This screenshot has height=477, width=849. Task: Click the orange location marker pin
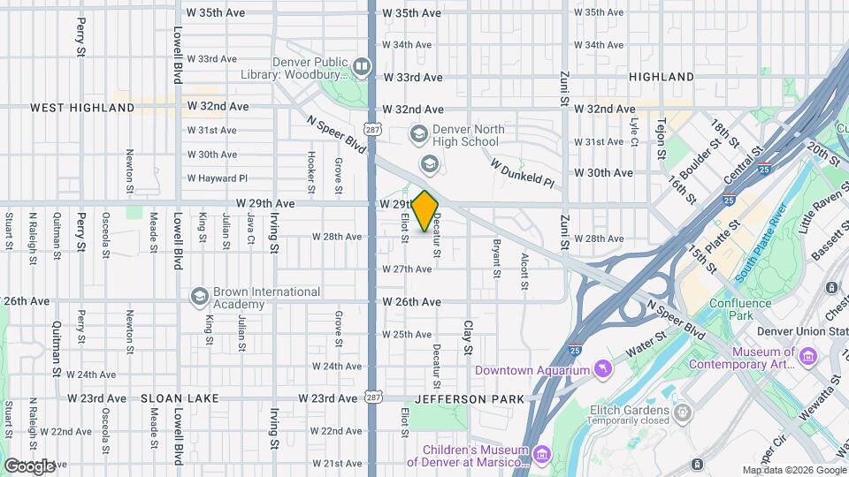[x=425, y=211]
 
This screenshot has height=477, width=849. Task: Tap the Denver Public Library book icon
[x=361, y=65]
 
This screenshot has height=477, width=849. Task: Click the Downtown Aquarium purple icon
[x=602, y=367]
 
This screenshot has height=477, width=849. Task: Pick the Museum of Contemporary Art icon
[x=807, y=356]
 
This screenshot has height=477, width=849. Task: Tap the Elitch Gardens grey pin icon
[x=682, y=412]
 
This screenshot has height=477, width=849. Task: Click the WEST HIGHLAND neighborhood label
[x=82, y=108]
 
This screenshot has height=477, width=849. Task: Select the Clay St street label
[x=468, y=337]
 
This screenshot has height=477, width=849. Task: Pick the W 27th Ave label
[x=407, y=269]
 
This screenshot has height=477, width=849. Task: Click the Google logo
[x=28, y=465]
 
